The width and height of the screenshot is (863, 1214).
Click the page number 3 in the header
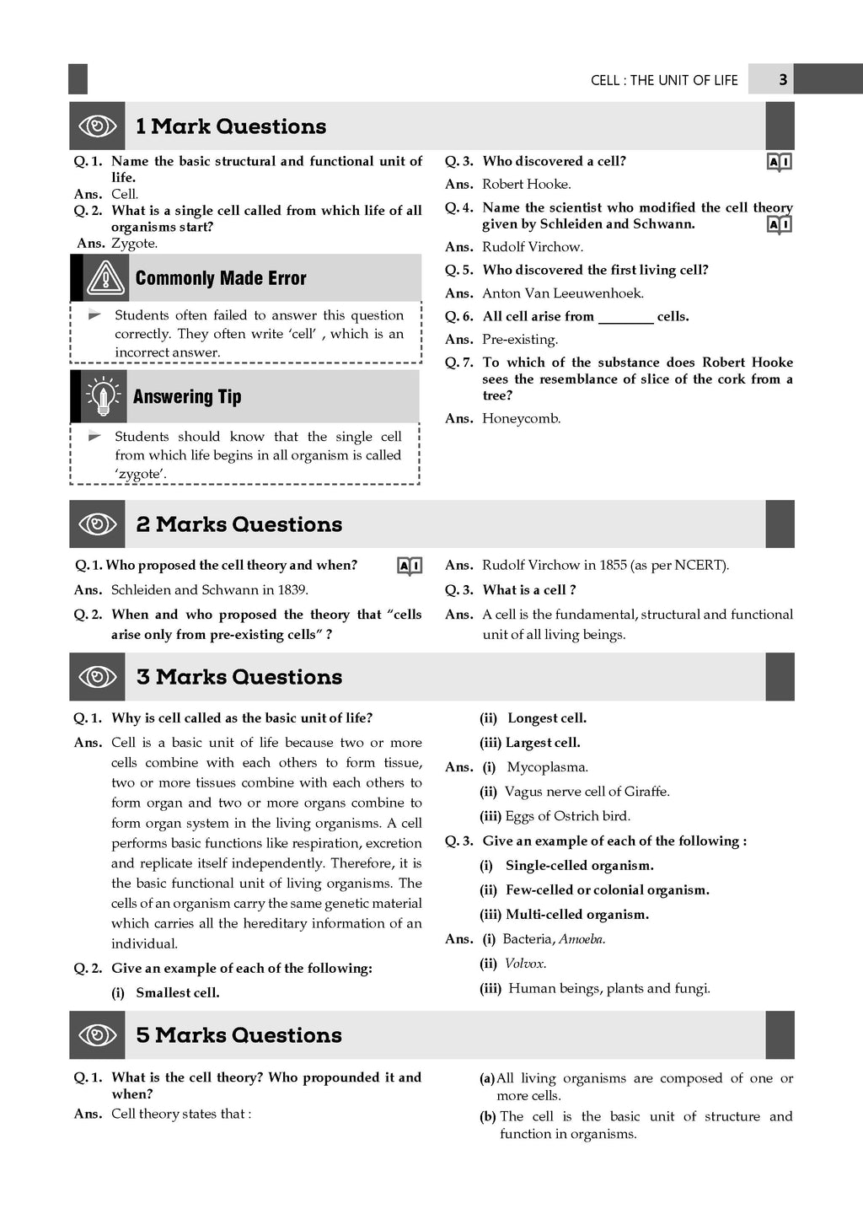click(783, 79)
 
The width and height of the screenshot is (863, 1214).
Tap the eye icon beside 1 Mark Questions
click(97, 126)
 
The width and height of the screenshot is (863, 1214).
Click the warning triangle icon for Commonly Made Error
click(105, 278)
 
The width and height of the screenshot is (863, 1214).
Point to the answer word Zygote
click(134, 244)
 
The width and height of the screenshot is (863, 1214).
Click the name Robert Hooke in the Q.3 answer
click(526, 185)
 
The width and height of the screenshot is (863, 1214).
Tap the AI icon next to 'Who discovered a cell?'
click(780, 162)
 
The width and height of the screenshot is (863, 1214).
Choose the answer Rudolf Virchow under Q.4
click(532, 247)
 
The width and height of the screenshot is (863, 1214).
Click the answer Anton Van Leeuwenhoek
click(562, 293)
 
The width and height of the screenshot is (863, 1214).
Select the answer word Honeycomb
click(521, 419)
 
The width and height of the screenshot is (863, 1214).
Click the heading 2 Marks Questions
click(239, 524)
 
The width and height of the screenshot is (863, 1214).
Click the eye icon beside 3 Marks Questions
click(97, 677)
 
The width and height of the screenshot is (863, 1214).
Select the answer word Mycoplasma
click(547, 767)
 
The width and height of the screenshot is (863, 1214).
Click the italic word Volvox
click(524, 964)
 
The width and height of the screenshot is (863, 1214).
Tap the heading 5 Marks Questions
click(239, 1035)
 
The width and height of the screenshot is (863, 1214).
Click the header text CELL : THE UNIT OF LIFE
click(664, 80)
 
